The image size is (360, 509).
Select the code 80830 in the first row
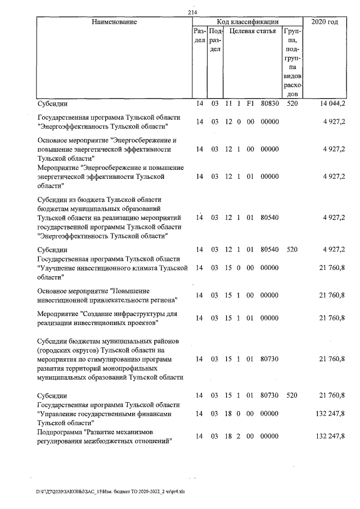point(270,104)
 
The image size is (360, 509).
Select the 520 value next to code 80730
point(291,396)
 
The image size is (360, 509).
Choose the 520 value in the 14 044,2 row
point(291,104)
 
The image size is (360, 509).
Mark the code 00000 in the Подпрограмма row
point(270,436)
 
